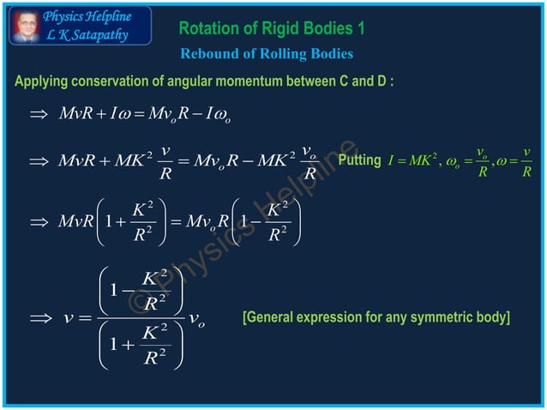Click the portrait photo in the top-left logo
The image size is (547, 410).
click(24, 25)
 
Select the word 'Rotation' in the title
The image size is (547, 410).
click(208, 28)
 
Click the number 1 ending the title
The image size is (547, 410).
click(361, 28)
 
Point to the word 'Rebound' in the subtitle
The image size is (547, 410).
click(208, 54)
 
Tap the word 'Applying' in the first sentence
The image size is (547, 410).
click(41, 82)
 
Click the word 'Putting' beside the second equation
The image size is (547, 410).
click(358, 160)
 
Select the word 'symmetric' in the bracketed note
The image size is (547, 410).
click(442, 318)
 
